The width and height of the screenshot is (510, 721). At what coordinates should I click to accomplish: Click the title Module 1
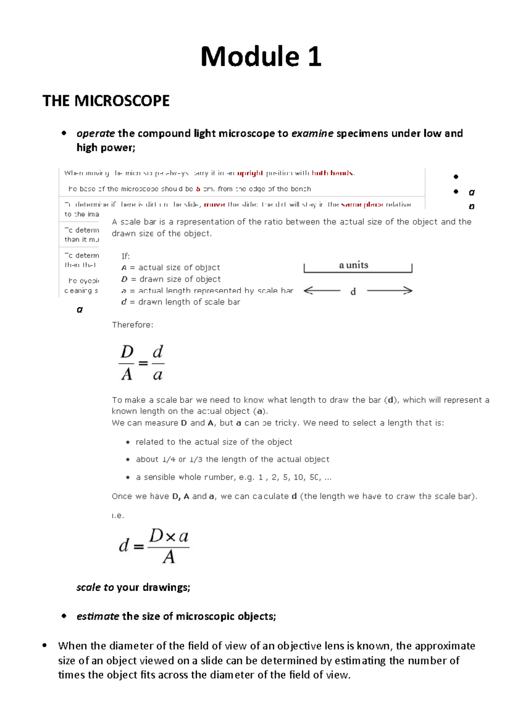coord(261,56)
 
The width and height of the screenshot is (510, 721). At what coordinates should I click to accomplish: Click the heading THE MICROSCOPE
coord(106,101)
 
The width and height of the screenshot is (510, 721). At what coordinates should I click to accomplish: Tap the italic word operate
coord(96,133)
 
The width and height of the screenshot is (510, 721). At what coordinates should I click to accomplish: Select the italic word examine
coord(312,133)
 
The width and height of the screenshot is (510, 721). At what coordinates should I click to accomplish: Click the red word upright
coord(250,173)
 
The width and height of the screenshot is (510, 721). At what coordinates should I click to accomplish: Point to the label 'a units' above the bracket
coord(354,265)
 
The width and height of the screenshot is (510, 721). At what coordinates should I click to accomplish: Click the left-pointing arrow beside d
coord(322,291)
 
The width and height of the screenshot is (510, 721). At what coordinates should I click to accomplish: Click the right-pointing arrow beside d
coord(389,291)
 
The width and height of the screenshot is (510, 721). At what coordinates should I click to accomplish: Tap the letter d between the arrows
coord(353,292)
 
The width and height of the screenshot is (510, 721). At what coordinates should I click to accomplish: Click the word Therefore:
coord(132,325)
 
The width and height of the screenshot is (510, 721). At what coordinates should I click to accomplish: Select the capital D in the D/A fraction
coord(127,352)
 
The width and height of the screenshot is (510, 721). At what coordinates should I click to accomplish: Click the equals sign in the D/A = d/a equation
coord(143,363)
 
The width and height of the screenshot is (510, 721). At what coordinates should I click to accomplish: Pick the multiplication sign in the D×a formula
coord(170,537)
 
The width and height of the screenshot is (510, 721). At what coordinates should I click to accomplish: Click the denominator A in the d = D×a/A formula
coord(169,557)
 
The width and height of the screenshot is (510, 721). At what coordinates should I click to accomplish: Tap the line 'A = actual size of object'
coord(170,268)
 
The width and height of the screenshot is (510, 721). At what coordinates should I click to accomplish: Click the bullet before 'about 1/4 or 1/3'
coord(128,459)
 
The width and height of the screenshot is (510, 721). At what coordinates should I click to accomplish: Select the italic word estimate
coord(98,616)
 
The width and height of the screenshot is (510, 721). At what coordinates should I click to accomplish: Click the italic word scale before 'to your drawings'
coord(88,587)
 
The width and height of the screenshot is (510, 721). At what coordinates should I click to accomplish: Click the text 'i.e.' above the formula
coord(118,515)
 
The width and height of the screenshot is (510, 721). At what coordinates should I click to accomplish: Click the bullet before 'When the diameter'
coord(44,645)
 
